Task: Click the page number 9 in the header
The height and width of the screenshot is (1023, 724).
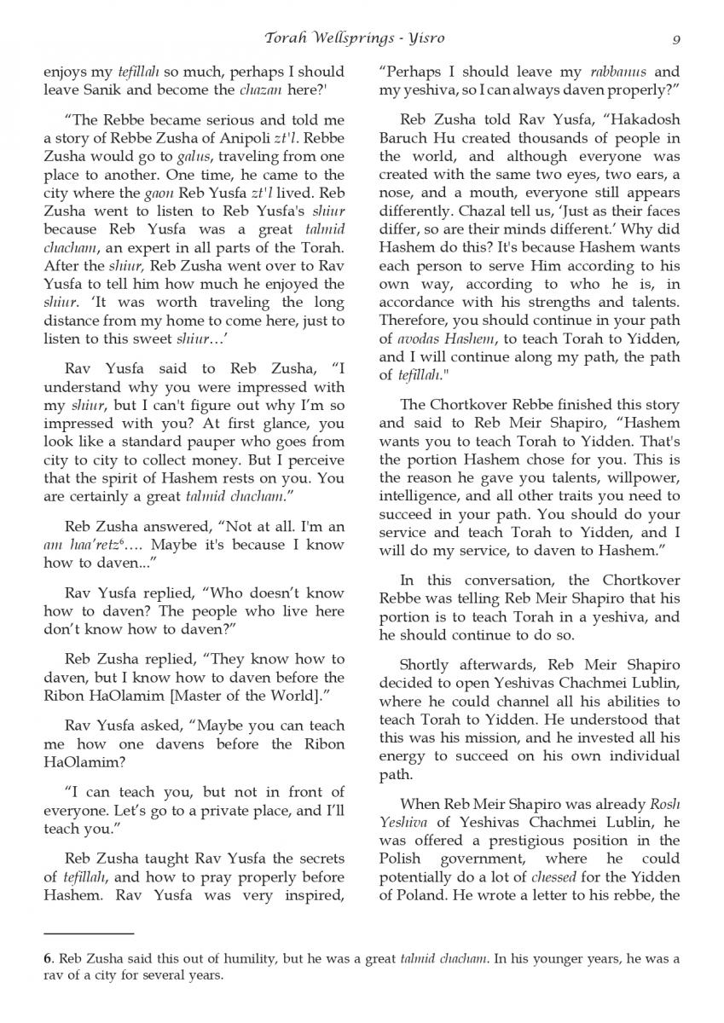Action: point(675,38)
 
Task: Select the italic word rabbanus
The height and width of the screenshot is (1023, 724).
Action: point(613,72)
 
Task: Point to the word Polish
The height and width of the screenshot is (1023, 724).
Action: point(399,858)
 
